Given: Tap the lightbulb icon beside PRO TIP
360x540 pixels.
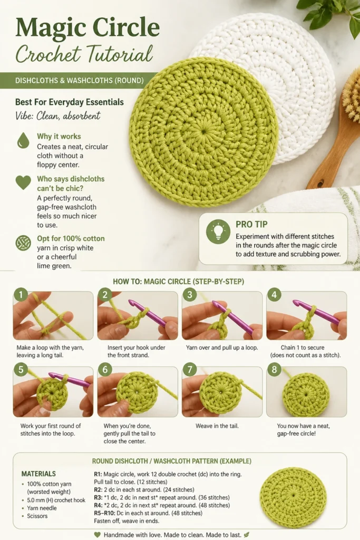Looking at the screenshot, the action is click(x=218, y=232).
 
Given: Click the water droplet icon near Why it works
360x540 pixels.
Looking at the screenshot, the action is click(x=23, y=140).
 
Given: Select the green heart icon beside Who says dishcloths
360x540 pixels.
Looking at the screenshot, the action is click(x=23, y=182).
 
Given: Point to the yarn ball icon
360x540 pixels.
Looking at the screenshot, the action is click(x=23, y=243).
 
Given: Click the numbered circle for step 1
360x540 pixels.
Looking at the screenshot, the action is click(x=21, y=294).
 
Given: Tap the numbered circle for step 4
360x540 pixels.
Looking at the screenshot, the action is click(x=274, y=294).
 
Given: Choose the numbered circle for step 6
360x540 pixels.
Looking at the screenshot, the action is click(x=105, y=370).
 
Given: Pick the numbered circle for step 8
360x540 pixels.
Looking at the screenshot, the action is click(x=274, y=370).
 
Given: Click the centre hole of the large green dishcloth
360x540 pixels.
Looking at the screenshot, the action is click(x=204, y=131).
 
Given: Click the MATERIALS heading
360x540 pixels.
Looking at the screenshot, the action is click(x=38, y=474).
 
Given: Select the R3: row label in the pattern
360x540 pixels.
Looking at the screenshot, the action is click(x=98, y=498).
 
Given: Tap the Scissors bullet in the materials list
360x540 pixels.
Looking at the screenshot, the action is click(x=37, y=516).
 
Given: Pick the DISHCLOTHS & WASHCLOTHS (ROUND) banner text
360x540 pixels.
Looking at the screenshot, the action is click(x=80, y=81).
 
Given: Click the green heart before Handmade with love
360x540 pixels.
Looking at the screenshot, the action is click(x=98, y=535).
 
